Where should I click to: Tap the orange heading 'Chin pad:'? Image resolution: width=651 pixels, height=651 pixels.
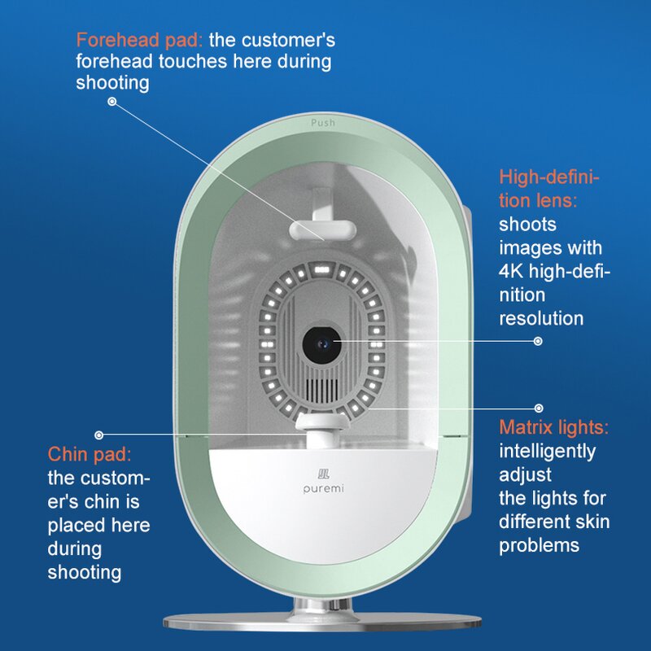[89, 454]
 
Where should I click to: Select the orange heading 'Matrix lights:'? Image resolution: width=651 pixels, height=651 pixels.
[554, 427]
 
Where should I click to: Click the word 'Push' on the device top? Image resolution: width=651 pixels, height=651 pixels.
[323, 122]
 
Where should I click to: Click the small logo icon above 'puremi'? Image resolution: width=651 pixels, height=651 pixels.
[322, 473]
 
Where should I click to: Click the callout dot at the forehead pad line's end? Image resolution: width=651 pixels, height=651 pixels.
[112, 102]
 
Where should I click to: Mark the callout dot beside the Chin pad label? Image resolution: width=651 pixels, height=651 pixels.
[99, 435]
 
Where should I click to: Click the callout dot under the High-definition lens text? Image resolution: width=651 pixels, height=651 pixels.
[537, 342]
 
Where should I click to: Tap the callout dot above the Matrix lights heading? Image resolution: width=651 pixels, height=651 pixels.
[537, 406]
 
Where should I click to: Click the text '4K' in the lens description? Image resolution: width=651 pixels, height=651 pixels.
[513, 271]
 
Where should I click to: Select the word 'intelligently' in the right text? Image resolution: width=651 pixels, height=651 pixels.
[547, 451]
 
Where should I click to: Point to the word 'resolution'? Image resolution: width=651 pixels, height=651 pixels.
[541, 318]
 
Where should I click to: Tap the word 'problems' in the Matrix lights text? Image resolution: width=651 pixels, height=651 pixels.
[539, 544]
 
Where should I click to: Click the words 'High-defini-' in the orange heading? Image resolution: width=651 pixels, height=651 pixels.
[549, 177]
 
